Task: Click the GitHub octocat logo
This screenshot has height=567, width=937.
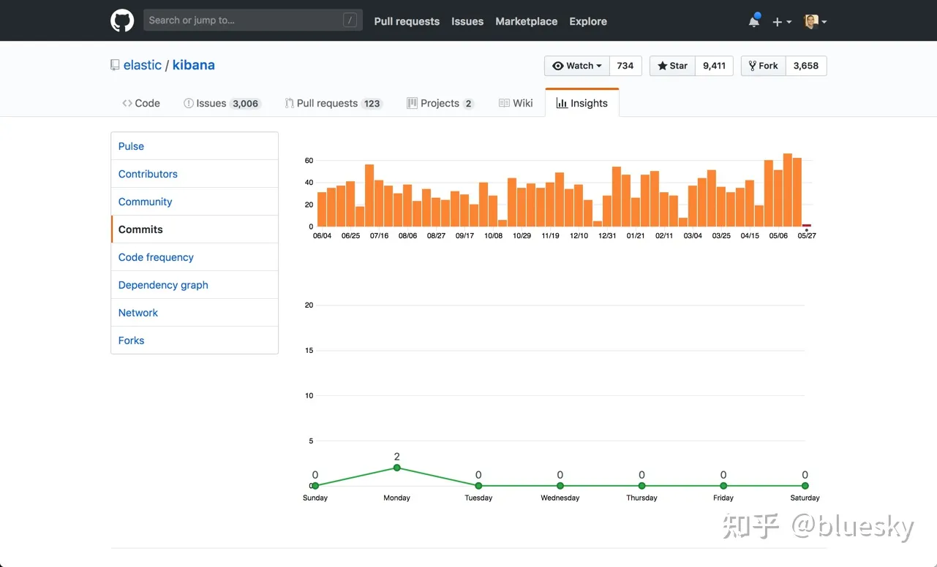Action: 122,20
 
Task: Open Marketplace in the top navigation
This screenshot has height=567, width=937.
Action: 526,21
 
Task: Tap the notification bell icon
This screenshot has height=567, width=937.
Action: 754,21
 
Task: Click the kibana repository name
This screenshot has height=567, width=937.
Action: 193,65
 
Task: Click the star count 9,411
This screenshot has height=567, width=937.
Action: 714,66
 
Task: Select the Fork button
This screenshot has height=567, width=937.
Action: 764,66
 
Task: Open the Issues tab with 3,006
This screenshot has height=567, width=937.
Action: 222,103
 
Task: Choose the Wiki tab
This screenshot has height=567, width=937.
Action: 516,103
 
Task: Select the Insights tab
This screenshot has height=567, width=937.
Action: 582,103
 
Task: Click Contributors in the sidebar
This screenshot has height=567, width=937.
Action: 148,174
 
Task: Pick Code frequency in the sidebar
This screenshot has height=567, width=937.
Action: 156,257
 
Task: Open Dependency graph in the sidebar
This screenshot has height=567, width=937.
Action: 163,285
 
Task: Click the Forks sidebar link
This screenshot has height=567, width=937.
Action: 131,340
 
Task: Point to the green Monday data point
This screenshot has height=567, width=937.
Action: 397,468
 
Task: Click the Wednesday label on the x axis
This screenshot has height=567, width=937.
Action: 560,498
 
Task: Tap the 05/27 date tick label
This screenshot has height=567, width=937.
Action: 807,236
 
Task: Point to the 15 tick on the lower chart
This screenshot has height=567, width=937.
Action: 309,350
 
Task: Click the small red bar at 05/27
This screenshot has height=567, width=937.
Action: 807,225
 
